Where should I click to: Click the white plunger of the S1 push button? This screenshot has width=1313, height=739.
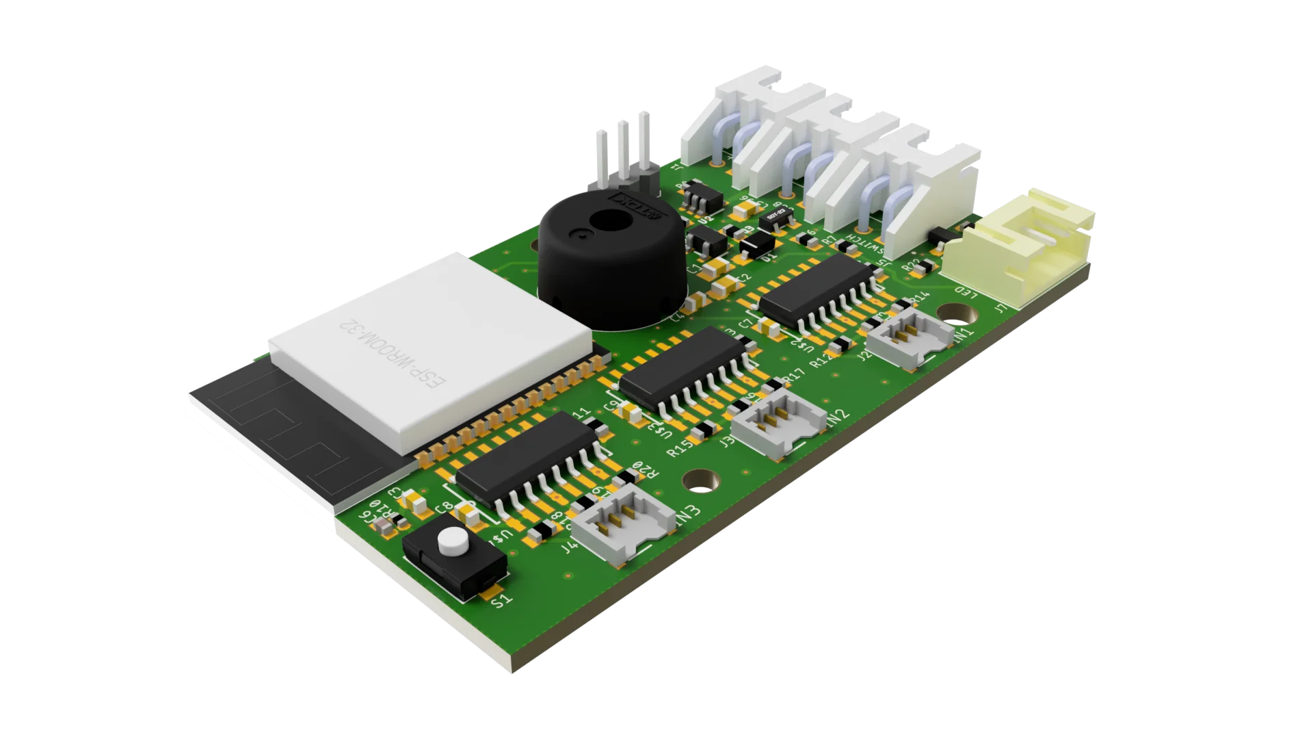(x=451, y=542)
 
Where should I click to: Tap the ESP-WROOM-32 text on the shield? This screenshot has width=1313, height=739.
(x=393, y=355)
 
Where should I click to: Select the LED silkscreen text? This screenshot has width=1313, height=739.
(x=965, y=293)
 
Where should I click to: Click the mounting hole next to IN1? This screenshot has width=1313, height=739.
(x=956, y=314)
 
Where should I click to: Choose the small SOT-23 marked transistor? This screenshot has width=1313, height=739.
(x=775, y=217)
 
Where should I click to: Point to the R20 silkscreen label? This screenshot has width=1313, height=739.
(x=645, y=470)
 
